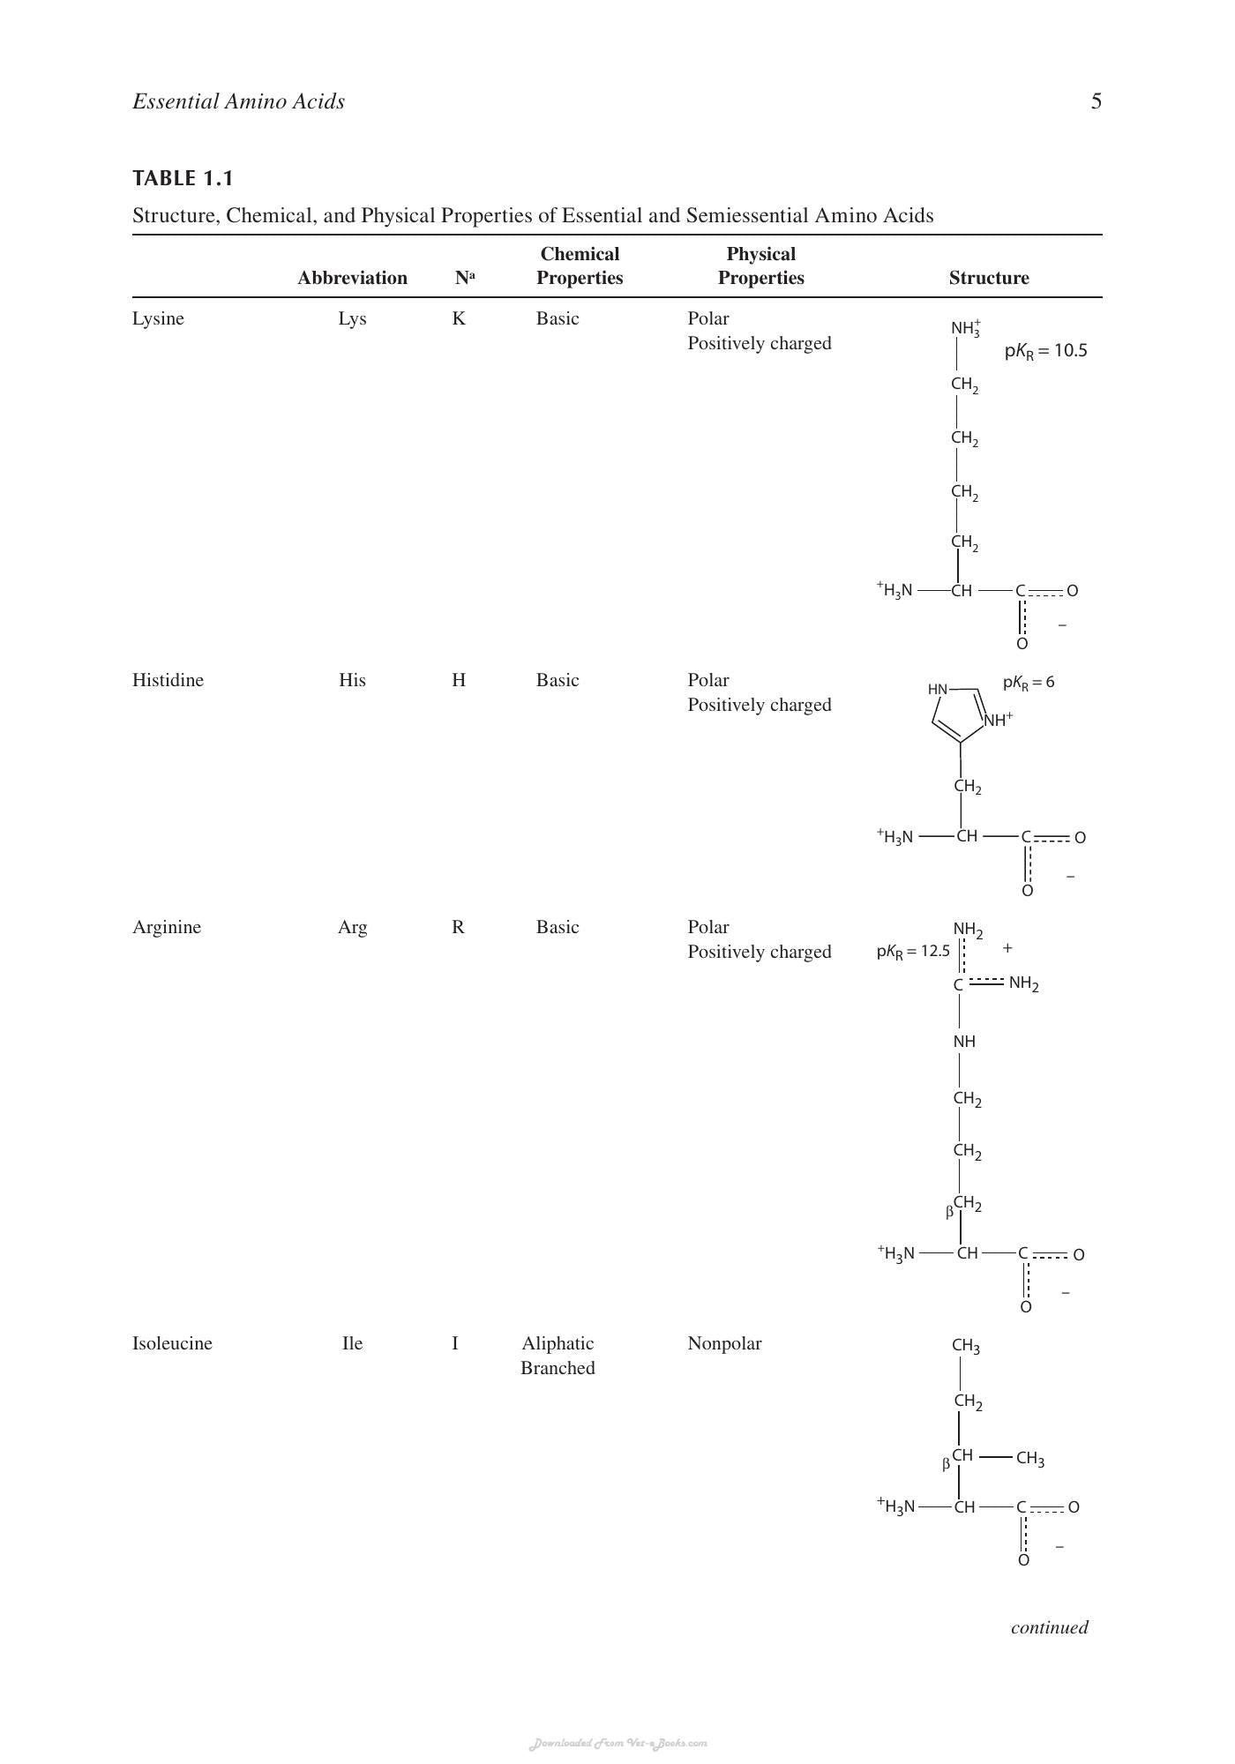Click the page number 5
tap(1097, 101)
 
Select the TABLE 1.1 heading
tap(183, 178)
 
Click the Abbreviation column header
tap(352, 278)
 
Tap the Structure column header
tap(989, 278)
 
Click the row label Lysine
tap(158, 319)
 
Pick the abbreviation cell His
tap(352, 680)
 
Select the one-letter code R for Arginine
tap(458, 927)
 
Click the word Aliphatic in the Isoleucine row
tap(558, 1343)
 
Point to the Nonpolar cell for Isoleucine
tap(724, 1343)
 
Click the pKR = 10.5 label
tap(1045, 351)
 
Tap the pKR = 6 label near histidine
tap(1029, 683)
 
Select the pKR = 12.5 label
tap(913, 952)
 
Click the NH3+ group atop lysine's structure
tap(966, 329)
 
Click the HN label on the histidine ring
tap(938, 689)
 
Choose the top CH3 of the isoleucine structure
tap(966, 1346)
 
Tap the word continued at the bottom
tap(1050, 1627)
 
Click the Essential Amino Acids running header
tap(238, 101)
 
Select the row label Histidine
tap(168, 680)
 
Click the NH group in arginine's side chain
tap(964, 1042)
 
